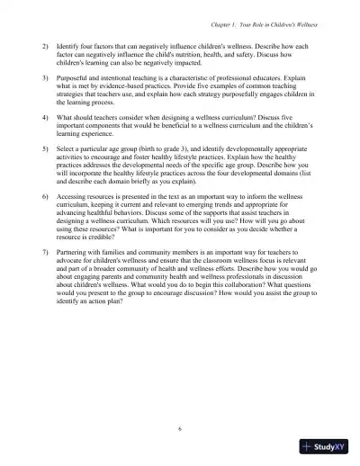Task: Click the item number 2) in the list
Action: pyautogui.click(x=46, y=44)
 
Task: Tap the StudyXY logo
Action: pyautogui.click(x=328, y=446)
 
